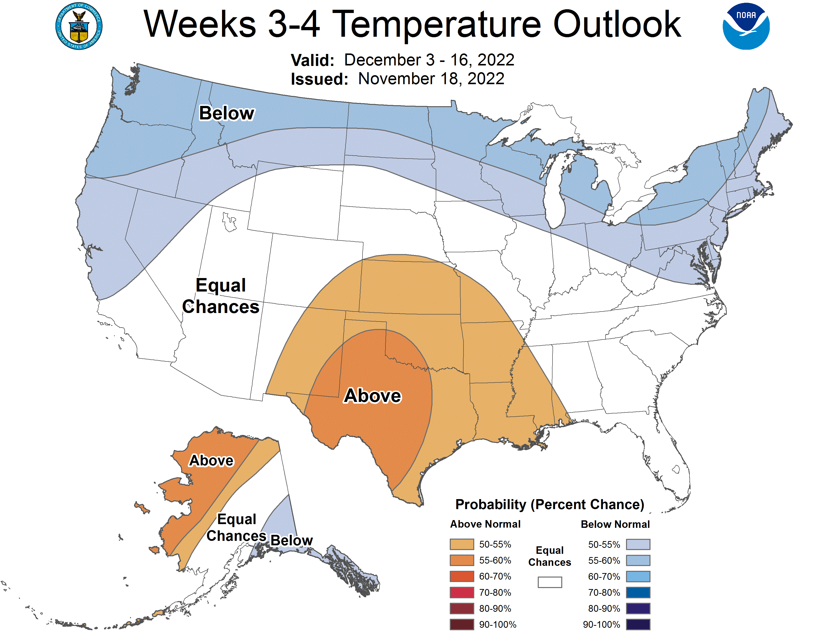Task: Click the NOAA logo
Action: tap(746, 26)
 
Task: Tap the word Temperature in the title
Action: tap(438, 24)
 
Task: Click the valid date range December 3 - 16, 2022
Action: tap(429, 60)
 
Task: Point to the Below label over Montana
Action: tap(227, 113)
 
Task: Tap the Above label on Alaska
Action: tap(211, 460)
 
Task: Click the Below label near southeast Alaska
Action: tap(291, 540)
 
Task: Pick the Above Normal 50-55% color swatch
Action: tap(461, 544)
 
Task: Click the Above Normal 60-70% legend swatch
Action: tap(461, 576)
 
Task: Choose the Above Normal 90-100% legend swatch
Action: tap(461, 625)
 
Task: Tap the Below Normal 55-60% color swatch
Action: tap(638, 560)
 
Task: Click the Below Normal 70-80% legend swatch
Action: tap(638, 593)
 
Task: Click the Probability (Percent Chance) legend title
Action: tap(549, 505)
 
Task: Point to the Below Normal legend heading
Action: tap(615, 524)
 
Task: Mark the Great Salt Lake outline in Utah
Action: tap(229, 222)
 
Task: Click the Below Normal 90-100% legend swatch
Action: tap(638, 625)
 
